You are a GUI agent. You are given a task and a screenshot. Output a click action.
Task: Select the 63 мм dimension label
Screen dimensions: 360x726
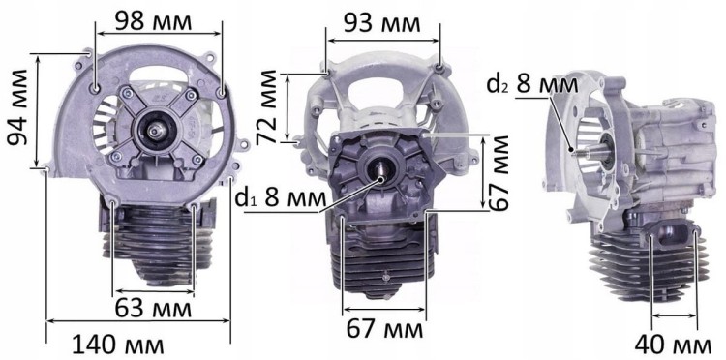(153, 309)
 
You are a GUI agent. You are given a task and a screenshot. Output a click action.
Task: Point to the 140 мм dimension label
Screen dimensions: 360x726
(118, 344)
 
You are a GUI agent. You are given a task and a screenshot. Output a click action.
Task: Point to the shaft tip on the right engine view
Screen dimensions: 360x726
(575, 150)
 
